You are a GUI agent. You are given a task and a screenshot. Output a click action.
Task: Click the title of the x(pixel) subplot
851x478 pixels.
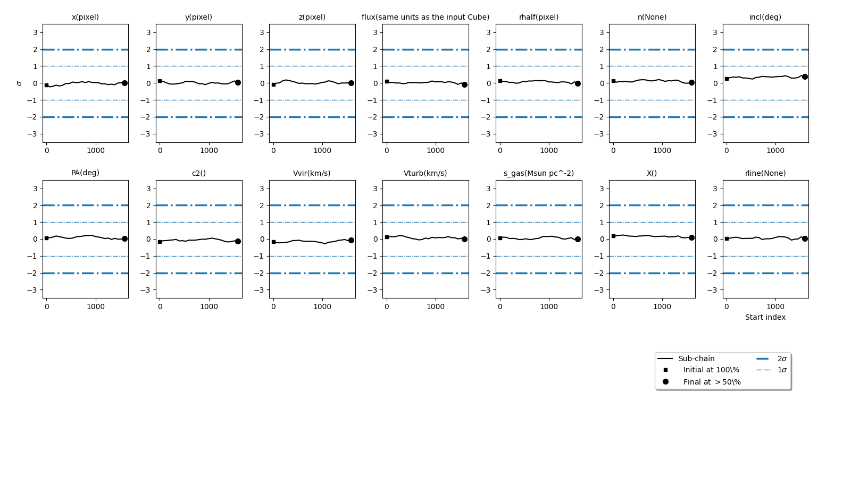point(85,17)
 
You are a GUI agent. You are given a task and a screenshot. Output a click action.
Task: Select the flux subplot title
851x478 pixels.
point(425,17)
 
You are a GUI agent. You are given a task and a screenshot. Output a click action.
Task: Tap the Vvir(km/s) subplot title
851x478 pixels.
point(312,173)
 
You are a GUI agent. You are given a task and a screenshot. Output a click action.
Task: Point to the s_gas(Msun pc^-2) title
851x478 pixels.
point(539,173)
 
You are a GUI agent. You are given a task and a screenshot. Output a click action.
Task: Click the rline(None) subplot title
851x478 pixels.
point(765,173)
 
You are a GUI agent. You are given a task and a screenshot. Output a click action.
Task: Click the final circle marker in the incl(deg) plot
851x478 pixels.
point(805,76)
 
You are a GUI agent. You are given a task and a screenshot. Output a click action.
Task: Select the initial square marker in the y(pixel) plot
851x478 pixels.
point(160,81)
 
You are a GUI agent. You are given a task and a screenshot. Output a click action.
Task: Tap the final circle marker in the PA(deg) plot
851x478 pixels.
point(124,238)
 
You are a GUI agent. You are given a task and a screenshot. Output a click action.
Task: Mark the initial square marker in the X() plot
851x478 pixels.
point(613,236)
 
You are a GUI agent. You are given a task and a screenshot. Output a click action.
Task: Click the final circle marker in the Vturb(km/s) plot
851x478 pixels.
point(464,239)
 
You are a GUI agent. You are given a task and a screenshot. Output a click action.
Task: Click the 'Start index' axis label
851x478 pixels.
point(765,317)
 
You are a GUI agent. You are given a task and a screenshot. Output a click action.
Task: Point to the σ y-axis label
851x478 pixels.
point(20,83)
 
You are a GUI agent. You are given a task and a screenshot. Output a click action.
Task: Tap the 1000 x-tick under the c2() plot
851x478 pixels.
point(209,306)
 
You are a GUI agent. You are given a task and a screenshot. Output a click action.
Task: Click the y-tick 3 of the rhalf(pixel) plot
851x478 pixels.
point(488,32)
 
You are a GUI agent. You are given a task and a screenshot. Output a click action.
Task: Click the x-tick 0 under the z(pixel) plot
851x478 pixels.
point(273,150)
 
